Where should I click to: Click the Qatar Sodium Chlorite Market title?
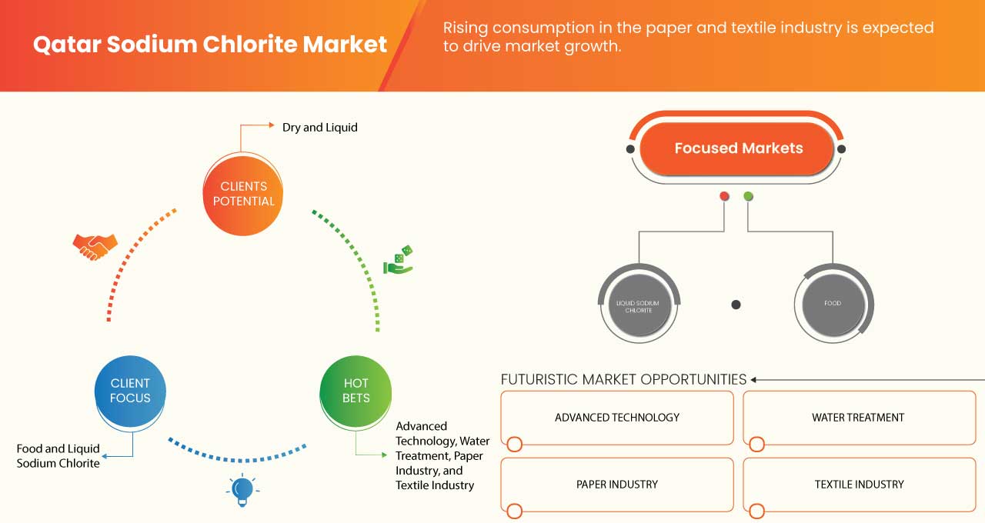pos(210,45)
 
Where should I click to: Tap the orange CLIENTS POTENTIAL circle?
pos(242,193)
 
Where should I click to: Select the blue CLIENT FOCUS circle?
pos(130,390)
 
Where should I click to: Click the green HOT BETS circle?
pos(356,390)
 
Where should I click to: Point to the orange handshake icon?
pos(95,247)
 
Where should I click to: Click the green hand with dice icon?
pos(399,261)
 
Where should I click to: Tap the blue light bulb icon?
pos(242,490)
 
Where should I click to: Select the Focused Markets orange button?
pos(737,148)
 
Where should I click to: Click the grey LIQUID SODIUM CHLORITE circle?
pos(638,304)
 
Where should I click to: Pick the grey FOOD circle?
pos(833,304)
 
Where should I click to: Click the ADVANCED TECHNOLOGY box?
pos(617,418)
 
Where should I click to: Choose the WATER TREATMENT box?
pos(858,418)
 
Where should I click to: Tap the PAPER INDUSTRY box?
pos(617,485)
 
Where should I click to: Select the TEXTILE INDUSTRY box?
pos(858,485)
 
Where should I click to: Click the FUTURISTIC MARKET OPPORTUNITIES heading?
pos(623,379)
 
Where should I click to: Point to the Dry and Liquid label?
pos(319,128)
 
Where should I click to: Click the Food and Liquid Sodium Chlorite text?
pos(58,456)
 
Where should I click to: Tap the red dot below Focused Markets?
pos(724,197)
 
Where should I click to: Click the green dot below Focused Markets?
pos(748,197)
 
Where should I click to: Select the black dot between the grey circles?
pos(736,305)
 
